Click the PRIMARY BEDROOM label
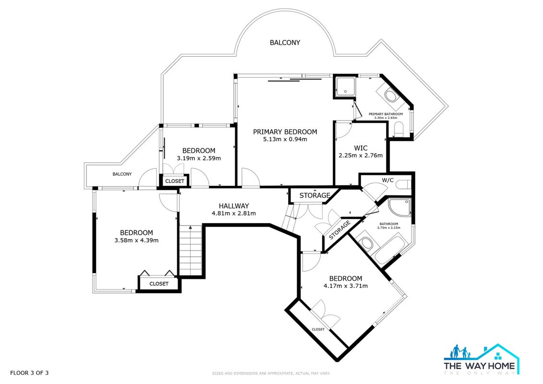285,132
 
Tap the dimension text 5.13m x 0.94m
285,140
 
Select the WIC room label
361,148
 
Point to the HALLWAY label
234,206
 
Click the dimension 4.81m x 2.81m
234,213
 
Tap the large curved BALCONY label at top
285,43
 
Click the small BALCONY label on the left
122,174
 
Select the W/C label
387,180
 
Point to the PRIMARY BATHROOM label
386,114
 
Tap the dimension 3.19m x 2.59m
199,158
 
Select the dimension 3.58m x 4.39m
136,240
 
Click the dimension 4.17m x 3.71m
346,286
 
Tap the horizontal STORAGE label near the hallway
314,195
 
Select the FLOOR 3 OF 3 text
29,373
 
